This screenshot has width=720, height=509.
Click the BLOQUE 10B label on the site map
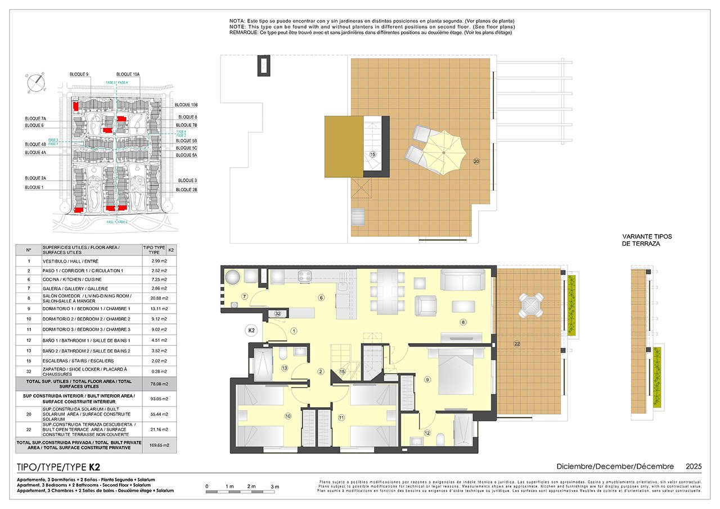click(186, 105)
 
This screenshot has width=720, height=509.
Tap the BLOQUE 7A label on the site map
click(35, 119)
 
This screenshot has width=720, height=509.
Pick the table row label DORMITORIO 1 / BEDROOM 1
click(86, 309)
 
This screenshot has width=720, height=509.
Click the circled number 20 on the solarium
click(476, 161)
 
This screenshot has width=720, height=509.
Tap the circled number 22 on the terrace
click(517, 343)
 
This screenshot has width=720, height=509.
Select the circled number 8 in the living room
click(463, 322)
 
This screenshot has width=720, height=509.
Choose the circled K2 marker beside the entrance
click(251, 331)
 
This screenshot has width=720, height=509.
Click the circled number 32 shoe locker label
click(277, 313)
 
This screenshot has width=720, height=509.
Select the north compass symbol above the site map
click(37, 83)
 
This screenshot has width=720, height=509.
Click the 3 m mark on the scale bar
click(275, 486)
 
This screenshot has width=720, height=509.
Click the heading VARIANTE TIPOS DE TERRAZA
click(647, 240)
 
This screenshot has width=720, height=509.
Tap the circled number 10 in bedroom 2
click(287, 417)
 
